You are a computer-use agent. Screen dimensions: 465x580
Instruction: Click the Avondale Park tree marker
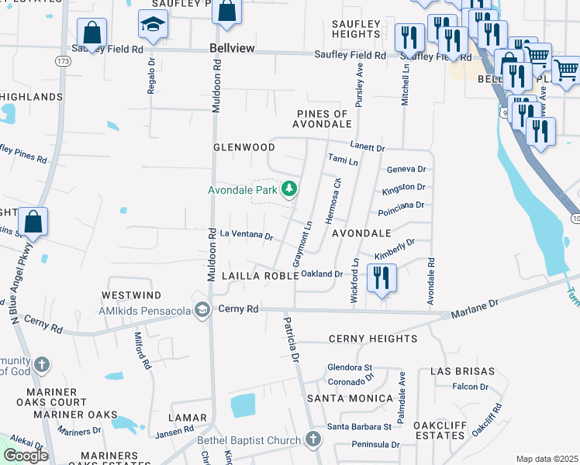tap(289, 189)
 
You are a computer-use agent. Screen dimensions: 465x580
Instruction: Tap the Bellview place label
tap(233, 48)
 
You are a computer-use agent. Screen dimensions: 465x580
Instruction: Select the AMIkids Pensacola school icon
tap(202, 310)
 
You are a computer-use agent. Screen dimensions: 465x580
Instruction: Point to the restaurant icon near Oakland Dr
tap(381, 279)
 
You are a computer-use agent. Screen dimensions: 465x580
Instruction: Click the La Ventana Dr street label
tap(247, 235)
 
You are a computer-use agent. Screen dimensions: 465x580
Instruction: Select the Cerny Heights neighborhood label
tap(372, 339)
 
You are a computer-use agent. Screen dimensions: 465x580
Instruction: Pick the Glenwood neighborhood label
tap(244, 146)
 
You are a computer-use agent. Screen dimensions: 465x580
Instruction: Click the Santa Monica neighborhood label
tap(350, 398)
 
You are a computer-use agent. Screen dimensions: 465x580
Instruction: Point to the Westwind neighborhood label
tap(130, 295)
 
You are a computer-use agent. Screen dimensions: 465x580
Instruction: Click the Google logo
tap(26, 455)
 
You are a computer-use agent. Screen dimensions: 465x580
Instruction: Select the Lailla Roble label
tap(260, 275)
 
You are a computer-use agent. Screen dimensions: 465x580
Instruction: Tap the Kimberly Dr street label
tap(395, 248)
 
